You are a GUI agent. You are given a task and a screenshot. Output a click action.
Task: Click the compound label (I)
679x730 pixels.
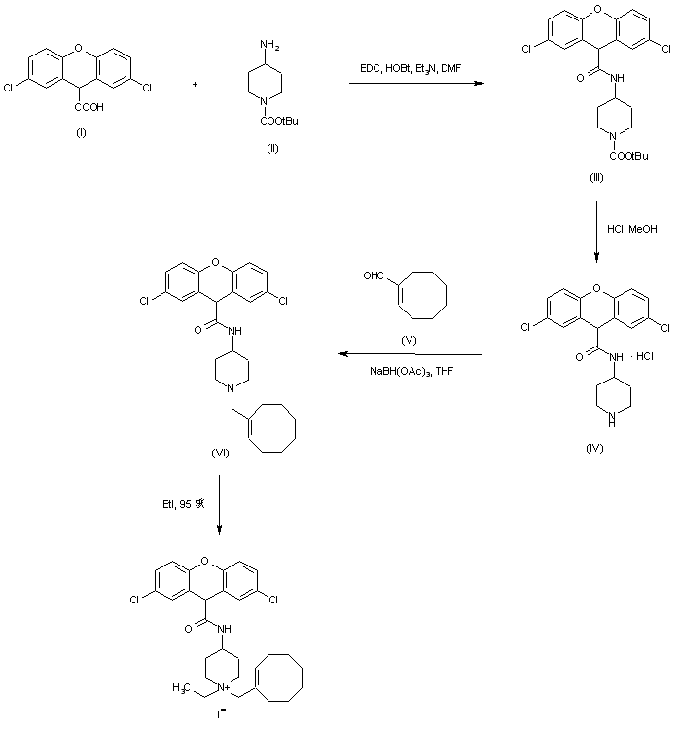pos(81,131)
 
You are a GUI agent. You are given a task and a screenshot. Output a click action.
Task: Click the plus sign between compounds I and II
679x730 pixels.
pos(195,85)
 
